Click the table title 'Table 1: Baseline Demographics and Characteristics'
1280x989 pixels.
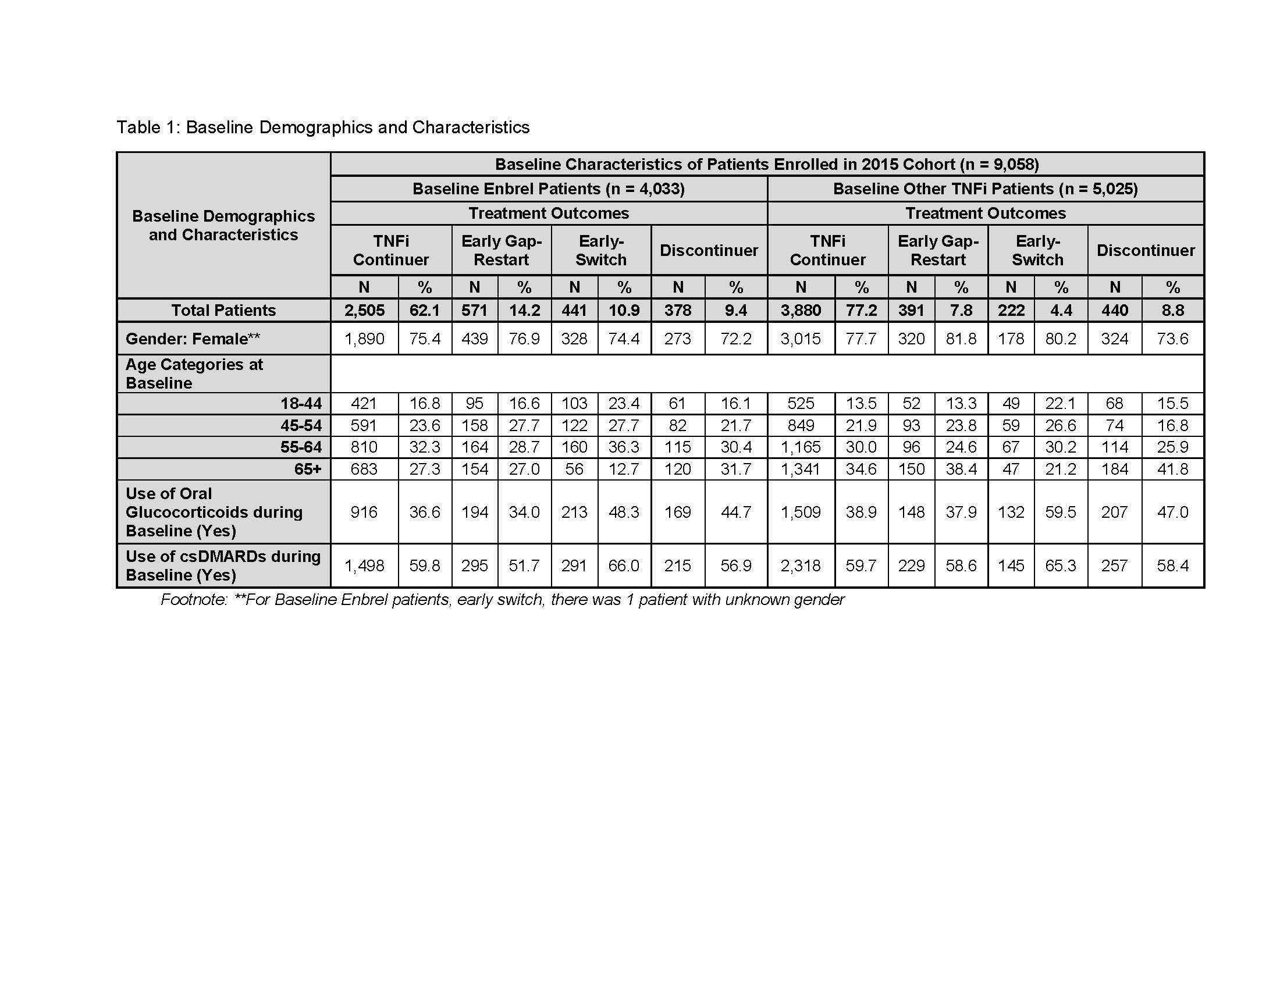coord(323,127)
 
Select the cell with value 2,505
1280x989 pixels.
coord(364,310)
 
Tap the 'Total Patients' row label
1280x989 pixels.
coord(223,310)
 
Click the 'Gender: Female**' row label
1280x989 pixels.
coord(193,339)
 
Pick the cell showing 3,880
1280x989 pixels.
coord(801,310)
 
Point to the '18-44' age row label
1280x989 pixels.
coord(301,403)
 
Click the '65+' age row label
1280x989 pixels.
coord(308,469)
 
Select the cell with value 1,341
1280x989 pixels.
coord(801,469)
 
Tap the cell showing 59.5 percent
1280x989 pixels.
coord(1060,512)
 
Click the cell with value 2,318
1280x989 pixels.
coord(801,565)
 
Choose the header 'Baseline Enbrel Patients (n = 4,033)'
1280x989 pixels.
coord(549,188)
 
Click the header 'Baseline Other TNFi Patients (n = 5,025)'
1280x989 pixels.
coord(985,188)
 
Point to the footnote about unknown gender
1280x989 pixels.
coord(502,600)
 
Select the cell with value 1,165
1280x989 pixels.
coord(801,447)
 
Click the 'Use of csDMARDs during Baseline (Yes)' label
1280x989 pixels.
coord(223,565)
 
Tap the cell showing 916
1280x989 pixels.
coord(364,512)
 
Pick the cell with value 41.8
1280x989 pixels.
coord(1172,469)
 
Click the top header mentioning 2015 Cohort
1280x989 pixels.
coord(767,164)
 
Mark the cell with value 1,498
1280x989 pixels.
coord(364,565)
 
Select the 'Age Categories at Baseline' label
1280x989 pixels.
coord(194,374)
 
